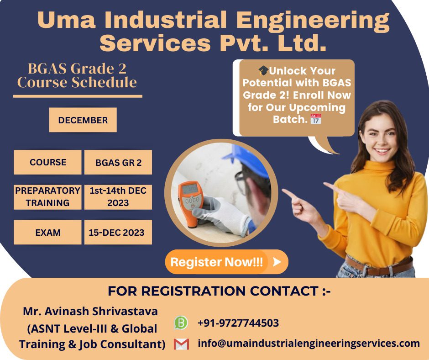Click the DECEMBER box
(83, 120)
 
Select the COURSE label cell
(47, 162)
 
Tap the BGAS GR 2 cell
(118, 163)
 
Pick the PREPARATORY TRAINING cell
(47, 197)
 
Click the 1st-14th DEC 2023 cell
(118, 197)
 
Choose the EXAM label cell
(47, 233)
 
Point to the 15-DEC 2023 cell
(118, 233)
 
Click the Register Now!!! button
(226, 262)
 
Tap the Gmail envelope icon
(181, 344)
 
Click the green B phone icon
(181, 323)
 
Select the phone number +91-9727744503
(238, 323)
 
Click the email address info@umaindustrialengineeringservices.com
(309, 344)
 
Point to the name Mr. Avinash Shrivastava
(90, 312)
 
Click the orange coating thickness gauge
(191, 196)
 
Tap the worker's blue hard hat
(249, 160)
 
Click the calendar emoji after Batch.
(316, 119)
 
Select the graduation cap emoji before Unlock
(263, 71)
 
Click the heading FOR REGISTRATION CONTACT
(219, 291)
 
